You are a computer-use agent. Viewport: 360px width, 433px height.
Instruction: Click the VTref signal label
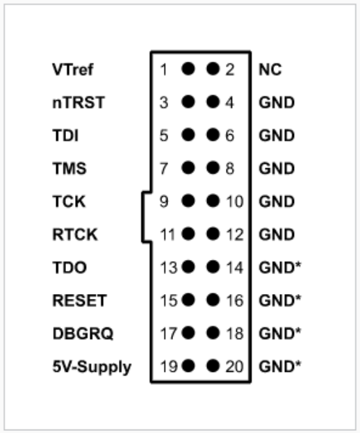73,70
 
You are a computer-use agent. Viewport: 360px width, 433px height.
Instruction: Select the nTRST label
79,102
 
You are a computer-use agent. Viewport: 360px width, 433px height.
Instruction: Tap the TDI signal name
66,136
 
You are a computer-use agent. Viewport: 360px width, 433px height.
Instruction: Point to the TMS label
69,168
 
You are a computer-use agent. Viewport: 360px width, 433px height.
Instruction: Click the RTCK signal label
75,234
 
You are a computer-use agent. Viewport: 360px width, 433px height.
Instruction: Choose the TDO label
69,268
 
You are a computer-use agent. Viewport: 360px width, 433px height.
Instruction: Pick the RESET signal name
79,300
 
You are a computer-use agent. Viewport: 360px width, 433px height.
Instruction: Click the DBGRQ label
83,334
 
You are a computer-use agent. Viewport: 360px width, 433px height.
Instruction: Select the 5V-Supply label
92,367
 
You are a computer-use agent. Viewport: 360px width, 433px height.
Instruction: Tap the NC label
270,70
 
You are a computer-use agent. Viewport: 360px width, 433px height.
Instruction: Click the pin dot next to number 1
188,69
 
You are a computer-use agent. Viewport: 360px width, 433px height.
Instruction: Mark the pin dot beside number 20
213,366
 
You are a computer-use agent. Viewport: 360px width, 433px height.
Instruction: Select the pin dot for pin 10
213,201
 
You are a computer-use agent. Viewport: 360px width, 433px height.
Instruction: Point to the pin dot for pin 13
188,267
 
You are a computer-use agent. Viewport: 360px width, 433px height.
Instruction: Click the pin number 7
164,168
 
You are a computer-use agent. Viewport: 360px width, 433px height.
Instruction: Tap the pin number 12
235,234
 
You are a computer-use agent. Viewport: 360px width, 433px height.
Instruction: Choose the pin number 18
235,334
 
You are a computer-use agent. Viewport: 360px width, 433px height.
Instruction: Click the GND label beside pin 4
277,102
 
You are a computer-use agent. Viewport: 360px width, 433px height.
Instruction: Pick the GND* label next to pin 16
279,300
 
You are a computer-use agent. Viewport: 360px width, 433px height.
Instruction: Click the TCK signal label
69,202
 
